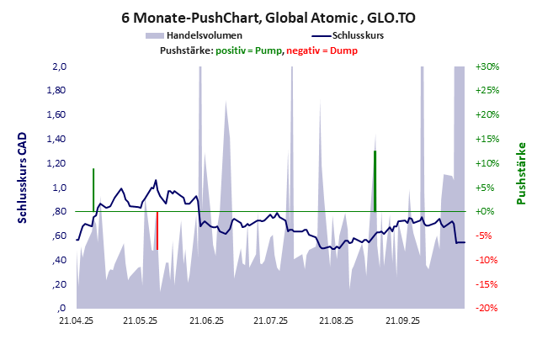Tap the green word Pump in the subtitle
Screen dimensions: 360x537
point(267,50)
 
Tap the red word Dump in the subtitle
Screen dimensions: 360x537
point(343,50)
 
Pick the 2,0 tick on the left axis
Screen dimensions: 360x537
point(59,66)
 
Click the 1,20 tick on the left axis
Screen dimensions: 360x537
point(57,163)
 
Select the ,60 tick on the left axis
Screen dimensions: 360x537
point(59,236)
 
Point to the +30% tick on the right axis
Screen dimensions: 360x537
point(487,66)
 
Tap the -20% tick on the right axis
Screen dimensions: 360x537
point(487,309)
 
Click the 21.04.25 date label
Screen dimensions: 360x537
point(76,320)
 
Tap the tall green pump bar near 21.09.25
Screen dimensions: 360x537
point(375,181)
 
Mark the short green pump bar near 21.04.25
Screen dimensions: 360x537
point(93,190)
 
